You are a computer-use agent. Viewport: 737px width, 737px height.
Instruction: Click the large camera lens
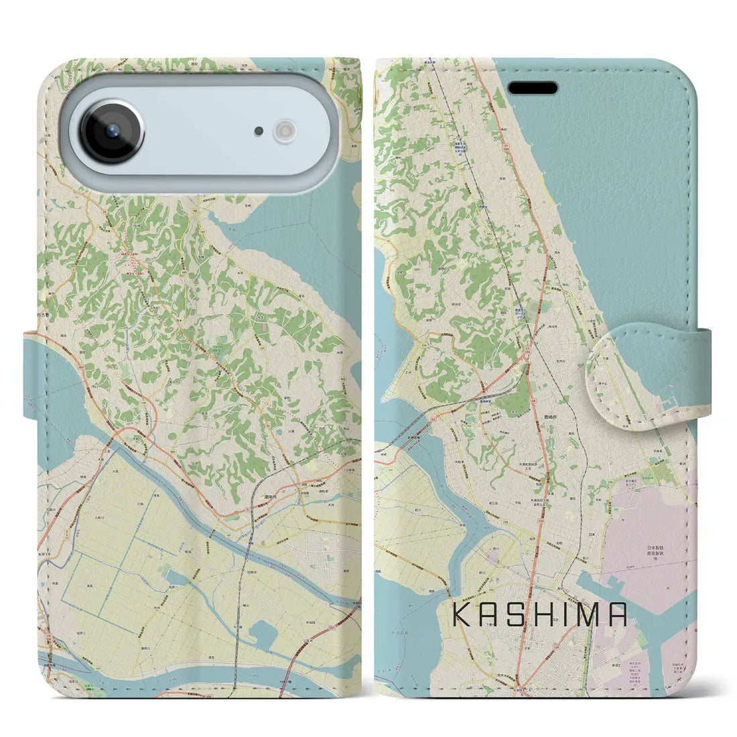[112, 131]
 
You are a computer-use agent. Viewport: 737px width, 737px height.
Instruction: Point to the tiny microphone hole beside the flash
[259, 131]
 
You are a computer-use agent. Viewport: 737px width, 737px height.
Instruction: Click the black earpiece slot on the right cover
[533, 88]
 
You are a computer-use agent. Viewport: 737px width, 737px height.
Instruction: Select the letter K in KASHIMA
[462, 614]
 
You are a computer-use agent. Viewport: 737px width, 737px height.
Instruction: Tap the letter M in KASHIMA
[592, 614]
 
